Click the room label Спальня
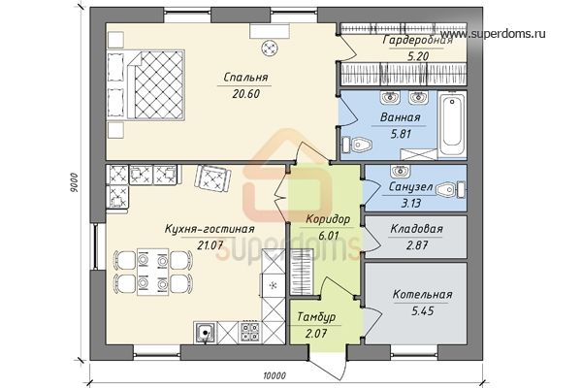245,78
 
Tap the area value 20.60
245,94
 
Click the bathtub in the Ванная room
453,124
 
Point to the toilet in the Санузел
450,190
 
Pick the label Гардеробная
418,40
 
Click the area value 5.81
401,134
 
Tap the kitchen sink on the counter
205,332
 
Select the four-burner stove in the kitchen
250,332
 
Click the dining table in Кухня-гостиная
153,273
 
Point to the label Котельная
422,295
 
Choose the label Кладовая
416,229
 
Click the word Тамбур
316,317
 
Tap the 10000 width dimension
275,375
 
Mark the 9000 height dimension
74,182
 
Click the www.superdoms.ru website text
498,34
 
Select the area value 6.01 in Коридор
329,236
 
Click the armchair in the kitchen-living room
212,178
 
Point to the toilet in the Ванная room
357,145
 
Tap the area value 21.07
210,245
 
